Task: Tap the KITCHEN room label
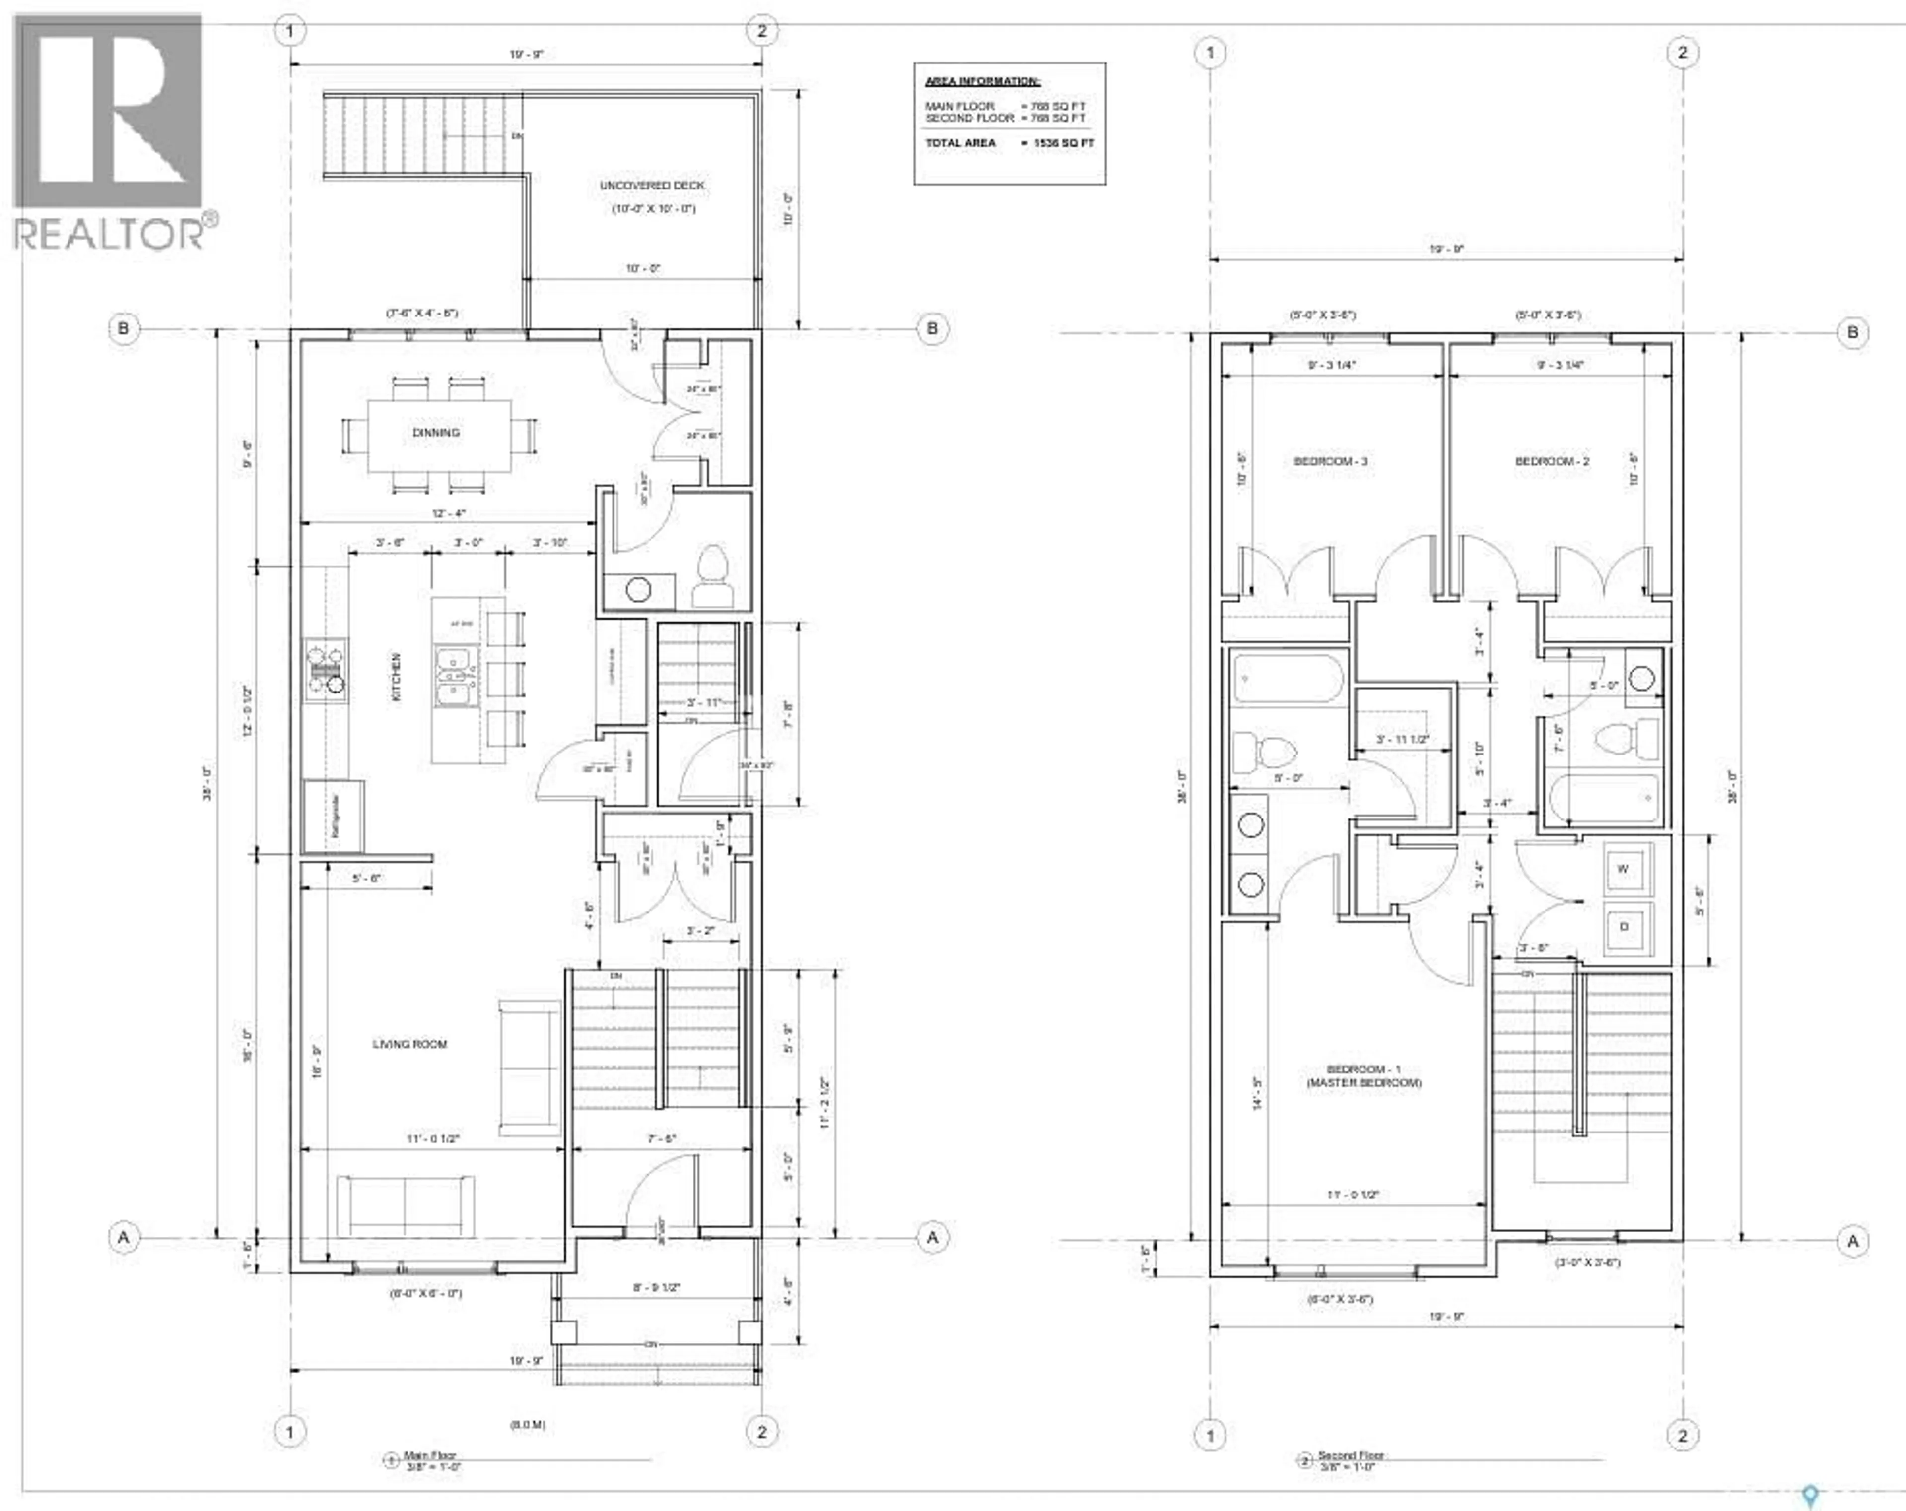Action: (x=396, y=677)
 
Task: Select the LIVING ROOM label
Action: (x=409, y=1044)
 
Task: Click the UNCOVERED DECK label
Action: (x=652, y=186)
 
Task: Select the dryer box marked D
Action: (x=1623, y=927)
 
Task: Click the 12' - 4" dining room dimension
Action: (x=449, y=513)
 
